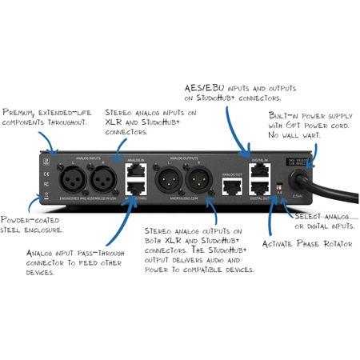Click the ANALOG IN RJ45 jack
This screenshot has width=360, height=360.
tap(138, 170)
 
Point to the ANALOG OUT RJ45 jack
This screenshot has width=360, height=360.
tap(233, 187)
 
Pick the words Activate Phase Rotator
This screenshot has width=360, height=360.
tap(305, 242)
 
